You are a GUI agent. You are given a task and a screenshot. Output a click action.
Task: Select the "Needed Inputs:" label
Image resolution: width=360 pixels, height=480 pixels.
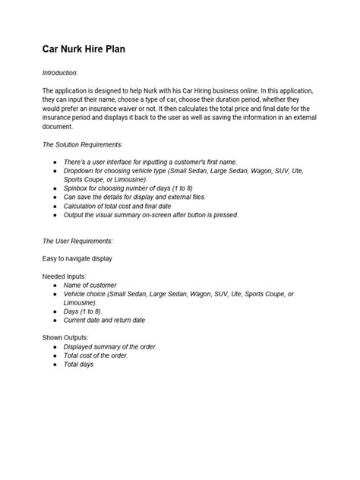pos(64,276)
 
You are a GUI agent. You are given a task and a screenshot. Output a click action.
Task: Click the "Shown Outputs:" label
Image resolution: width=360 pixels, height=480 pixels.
pos(65,336)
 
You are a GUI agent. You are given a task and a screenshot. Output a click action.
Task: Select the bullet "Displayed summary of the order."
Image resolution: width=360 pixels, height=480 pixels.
pos(110,346)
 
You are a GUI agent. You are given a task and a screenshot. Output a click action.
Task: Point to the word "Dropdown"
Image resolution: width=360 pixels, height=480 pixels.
pos(81,172)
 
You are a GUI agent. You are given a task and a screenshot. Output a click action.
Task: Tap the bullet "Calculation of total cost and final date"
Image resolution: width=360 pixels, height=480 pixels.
pos(128,206)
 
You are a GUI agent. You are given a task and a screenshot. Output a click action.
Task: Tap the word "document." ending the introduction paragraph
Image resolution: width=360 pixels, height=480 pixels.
pos(58,126)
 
